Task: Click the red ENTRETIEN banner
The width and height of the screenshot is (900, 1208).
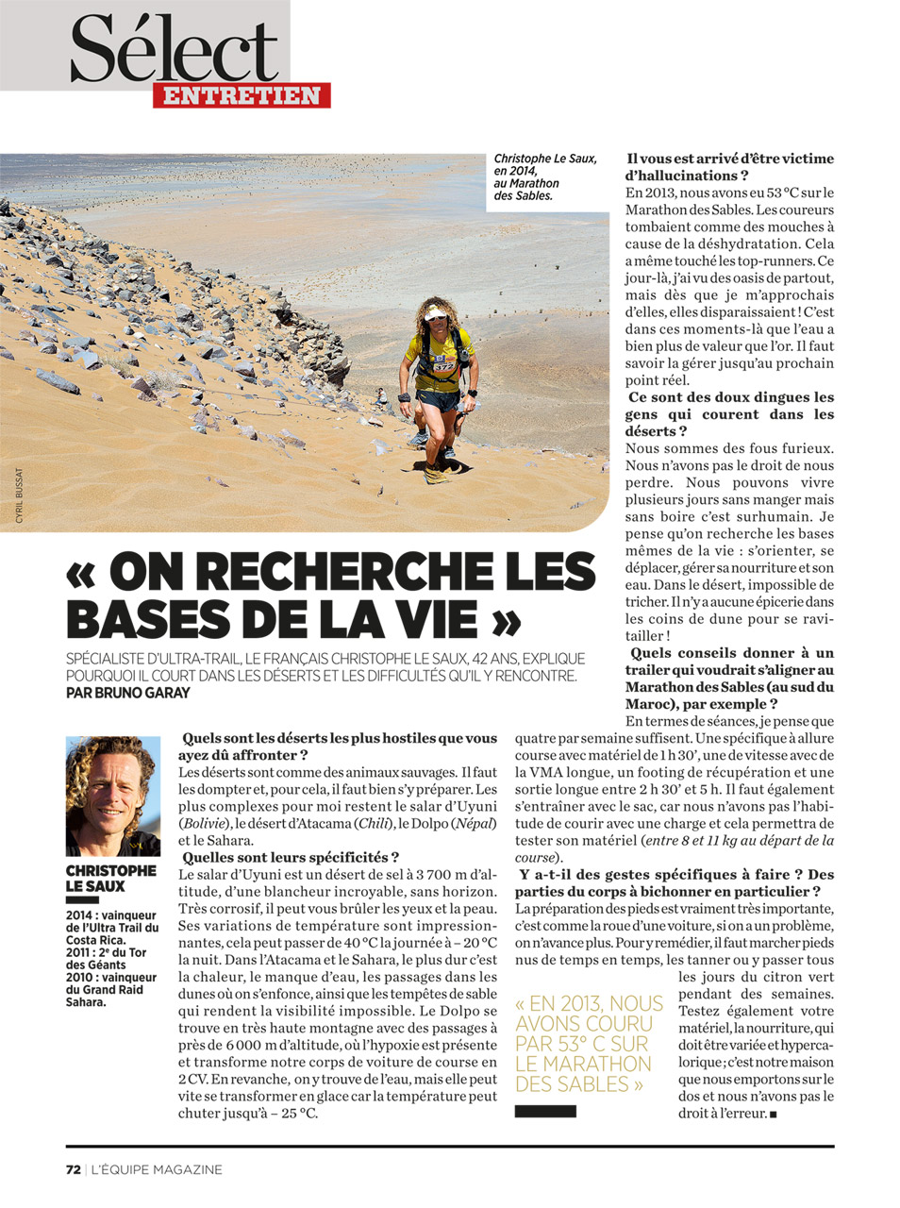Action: tap(242, 95)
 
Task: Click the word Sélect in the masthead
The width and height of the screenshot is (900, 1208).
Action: tap(175, 49)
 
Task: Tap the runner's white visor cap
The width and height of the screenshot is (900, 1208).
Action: tap(439, 311)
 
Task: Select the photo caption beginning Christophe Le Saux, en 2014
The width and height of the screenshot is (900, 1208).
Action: tap(544, 177)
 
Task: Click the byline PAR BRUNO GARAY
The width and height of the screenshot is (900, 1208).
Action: tap(127, 693)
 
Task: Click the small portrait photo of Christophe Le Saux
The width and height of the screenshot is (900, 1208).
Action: tap(112, 796)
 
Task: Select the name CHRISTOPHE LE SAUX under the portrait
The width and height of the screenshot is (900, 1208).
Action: tap(110, 879)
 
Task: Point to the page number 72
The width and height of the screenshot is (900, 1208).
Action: tap(73, 1169)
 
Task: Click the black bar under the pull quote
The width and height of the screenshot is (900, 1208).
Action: tap(545, 1112)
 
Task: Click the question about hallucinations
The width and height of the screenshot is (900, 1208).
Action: tap(729, 167)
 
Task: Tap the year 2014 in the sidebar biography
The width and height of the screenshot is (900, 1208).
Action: tap(81, 915)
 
